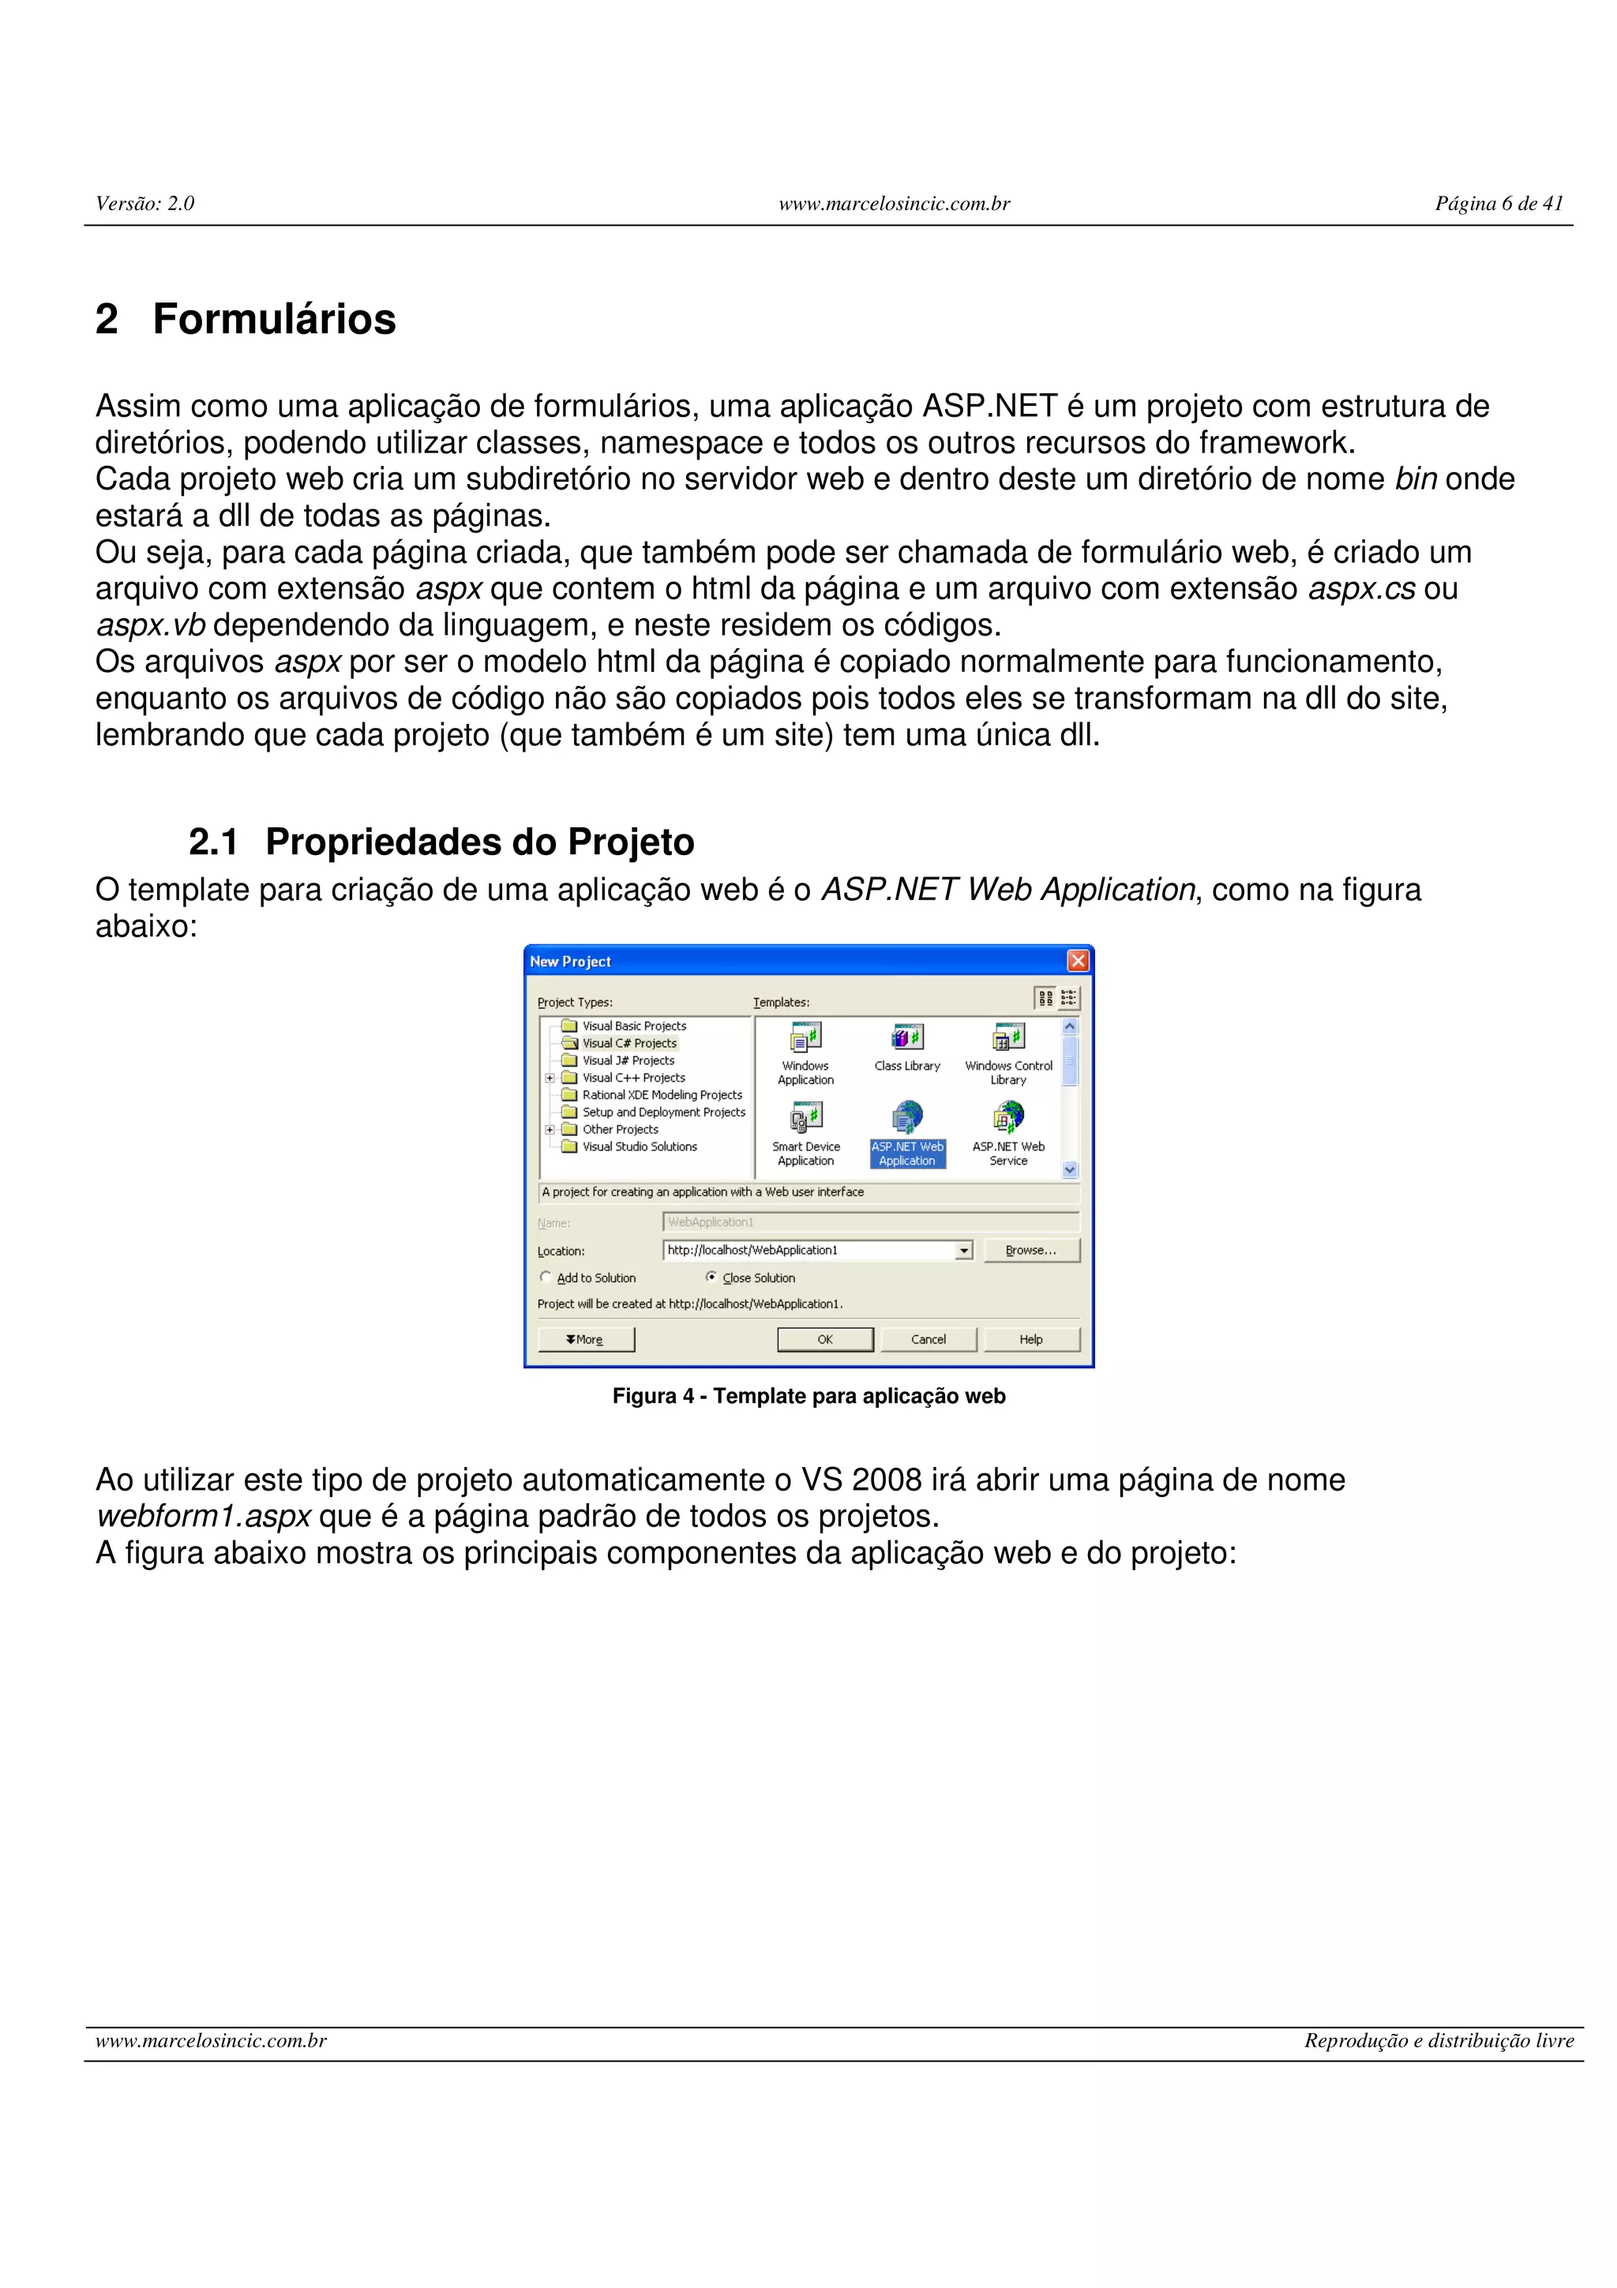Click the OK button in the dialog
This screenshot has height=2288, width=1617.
(x=825, y=1339)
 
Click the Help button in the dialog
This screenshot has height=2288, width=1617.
(x=1031, y=1339)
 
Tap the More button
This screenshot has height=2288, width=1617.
(x=586, y=1339)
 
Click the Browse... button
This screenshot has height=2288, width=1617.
(x=1031, y=1251)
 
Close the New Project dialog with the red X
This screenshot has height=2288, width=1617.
(x=1077, y=961)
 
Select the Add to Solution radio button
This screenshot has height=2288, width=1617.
(x=546, y=1277)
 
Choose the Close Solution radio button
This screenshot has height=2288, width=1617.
(x=711, y=1277)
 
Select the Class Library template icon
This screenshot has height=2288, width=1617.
(x=906, y=1038)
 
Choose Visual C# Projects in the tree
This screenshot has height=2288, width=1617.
(x=628, y=1044)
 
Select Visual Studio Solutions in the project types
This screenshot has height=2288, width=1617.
(x=640, y=1147)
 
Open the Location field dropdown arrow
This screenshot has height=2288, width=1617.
(x=963, y=1251)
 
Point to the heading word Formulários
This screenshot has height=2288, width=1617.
(x=274, y=320)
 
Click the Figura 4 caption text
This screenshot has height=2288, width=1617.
(x=809, y=1396)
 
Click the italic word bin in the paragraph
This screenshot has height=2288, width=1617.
(x=1415, y=479)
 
